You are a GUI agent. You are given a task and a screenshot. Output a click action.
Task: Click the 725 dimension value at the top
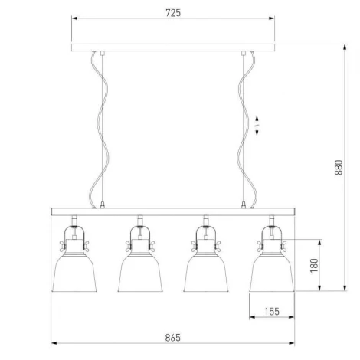pyautogui.click(x=173, y=13)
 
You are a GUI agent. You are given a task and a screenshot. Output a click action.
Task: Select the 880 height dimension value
pyautogui.click(x=339, y=167)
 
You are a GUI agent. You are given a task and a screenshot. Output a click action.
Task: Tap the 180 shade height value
pyautogui.click(x=314, y=266)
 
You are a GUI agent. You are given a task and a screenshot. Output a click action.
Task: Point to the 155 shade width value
pyautogui.click(x=272, y=312)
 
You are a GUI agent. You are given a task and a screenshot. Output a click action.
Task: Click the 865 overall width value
pyautogui.click(x=173, y=338)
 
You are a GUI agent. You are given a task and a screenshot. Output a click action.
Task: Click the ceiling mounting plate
pyautogui.click(x=173, y=47)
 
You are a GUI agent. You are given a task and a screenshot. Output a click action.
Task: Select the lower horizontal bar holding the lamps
pyautogui.click(x=173, y=211)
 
